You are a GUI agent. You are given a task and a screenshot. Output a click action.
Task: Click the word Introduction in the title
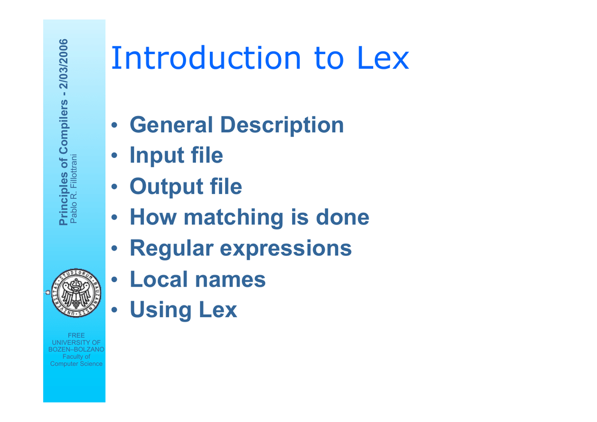pyautogui.click(x=206, y=58)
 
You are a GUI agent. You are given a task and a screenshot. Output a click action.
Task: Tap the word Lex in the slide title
pyautogui.click(x=383, y=58)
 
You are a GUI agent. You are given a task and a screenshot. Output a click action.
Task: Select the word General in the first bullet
pyautogui.click(x=171, y=125)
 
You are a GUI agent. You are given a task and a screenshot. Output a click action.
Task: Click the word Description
pyautogui.click(x=282, y=125)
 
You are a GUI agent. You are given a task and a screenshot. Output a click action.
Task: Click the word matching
pyautogui.click(x=234, y=217)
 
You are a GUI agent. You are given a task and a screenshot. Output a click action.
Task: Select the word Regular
pyautogui.click(x=171, y=249)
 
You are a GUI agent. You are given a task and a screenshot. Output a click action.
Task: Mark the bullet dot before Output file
pyautogui.click(x=115, y=187)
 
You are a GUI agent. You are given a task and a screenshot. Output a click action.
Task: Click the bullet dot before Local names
pyautogui.click(x=115, y=280)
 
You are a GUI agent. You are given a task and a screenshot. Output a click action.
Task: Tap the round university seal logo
pyautogui.click(x=76, y=293)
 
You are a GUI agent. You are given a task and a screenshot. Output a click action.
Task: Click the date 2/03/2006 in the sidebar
pyautogui.click(x=64, y=64)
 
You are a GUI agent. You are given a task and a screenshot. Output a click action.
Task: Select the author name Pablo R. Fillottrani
pyautogui.click(x=73, y=189)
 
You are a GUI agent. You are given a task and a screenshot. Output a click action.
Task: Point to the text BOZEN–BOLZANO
pyautogui.click(x=76, y=349)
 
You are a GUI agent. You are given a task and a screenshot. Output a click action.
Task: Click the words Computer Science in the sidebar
pyautogui.click(x=76, y=364)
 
